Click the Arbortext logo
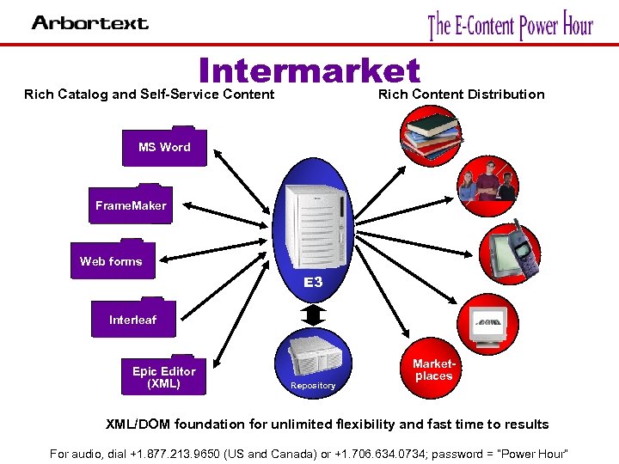pos(89,23)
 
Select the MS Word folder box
pos(164,147)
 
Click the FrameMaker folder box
pos(131,205)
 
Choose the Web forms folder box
pos(111,261)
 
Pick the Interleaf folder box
pos(132,320)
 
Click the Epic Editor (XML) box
pos(164,376)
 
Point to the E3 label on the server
pos(312,282)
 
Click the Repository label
pos(313,386)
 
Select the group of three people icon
pos(487,184)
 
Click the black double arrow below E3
pos(313,314)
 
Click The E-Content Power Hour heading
pos(511,25)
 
